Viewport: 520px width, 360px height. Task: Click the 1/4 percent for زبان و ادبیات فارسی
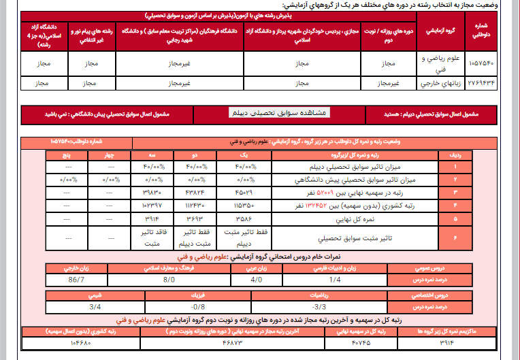point(335,279)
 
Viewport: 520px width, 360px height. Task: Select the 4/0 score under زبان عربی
point(256,279)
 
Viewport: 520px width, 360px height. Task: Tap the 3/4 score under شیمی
point(96,308)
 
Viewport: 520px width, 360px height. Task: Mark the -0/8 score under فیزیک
point(198,308)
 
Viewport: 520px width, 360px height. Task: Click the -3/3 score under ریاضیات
point(318,308)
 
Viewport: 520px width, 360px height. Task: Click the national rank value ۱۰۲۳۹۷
point(150,204)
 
